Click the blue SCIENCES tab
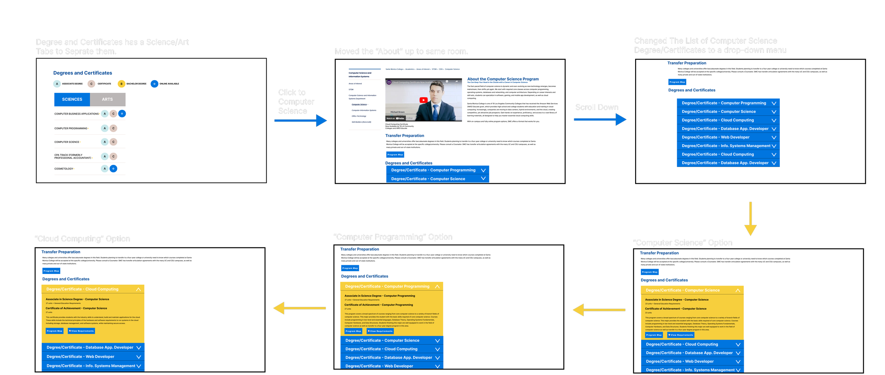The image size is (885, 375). (x=72, y=100)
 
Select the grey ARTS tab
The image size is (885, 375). (x=108, y=100)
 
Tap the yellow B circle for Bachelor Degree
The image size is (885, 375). (x=121, y=84)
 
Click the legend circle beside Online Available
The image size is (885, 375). (x=154, y=84)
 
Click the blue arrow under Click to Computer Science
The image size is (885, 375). (x=301, y=121)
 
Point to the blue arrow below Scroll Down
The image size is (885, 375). (x=600, y=119)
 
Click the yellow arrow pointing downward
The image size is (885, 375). (x=750, y=220)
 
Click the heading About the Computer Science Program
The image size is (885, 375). (x=503, y=79)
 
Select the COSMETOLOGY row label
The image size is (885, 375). (x=64, y=169)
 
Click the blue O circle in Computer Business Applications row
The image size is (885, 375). (x=122, y=114)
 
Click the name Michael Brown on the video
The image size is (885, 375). (x=397, y=112)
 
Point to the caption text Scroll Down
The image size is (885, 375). (x=596, y=107)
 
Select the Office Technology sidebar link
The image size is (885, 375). (x=359, y=116)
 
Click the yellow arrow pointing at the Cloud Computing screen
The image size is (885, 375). (x=299, y=308)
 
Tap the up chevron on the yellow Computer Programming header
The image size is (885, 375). (x=437, y=286)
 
